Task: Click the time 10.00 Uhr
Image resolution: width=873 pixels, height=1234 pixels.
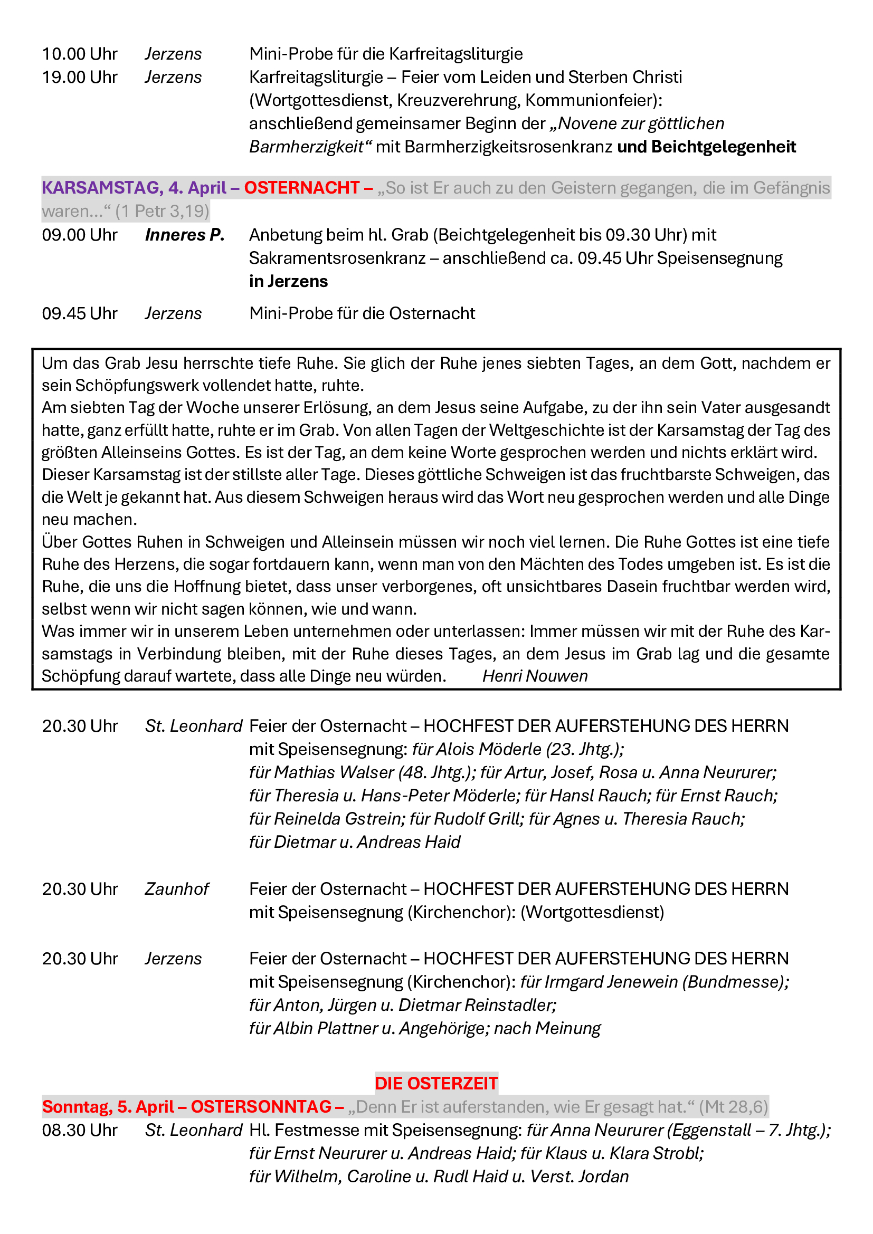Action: point(80,54)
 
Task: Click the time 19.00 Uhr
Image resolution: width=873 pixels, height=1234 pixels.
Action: point(80,78)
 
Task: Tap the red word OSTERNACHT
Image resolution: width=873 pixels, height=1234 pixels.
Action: point(301,188)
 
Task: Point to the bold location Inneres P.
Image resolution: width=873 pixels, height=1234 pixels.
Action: point(184,235)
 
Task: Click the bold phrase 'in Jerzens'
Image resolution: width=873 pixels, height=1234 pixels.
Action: point(288,281)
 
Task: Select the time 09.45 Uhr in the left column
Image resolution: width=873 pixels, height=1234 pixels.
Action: point(80,313)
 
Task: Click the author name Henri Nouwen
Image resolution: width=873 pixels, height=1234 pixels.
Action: point(535,676)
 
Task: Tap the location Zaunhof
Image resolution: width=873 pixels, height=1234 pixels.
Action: point(176,889)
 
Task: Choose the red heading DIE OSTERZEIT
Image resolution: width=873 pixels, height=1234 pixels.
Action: point(436,1083)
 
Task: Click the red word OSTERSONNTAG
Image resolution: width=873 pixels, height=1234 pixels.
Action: point(261,1107)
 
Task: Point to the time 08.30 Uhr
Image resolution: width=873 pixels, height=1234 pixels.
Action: point(80,1130)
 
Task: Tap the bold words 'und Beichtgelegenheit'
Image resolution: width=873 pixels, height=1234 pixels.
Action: point(706,147)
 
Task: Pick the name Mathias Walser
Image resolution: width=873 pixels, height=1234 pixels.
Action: point(334,772)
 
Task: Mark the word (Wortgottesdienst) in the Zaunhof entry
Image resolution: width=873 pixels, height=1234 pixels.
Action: point(592,912)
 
